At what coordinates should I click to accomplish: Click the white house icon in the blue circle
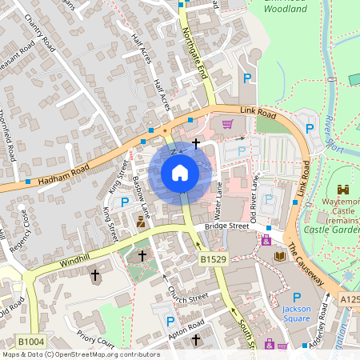180,172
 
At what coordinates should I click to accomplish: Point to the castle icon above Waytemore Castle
345,190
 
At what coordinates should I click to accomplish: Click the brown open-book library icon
280,256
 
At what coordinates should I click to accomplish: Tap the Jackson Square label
296,313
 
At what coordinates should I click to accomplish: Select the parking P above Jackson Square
297,296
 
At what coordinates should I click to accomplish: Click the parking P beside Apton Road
170,321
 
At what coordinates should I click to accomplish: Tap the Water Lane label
217,200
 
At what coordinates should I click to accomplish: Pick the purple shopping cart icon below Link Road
228,124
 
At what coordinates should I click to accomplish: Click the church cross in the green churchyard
142,256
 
